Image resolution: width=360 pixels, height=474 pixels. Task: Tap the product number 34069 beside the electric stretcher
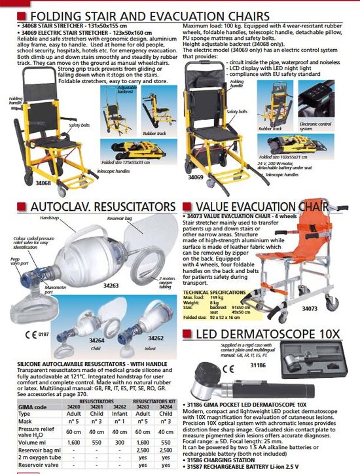[x=195, y=177]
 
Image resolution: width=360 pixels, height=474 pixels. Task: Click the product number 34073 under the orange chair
[x=310, y=307]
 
